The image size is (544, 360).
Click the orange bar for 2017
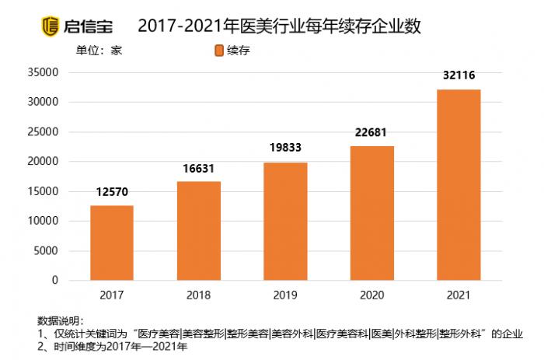click(112, 243)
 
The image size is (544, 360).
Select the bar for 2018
click(199, 231)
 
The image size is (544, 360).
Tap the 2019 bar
click(285, 222)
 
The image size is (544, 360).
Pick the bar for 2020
click(372, 213)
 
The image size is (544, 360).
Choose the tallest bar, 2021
click(459, 185)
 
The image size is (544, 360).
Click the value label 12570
click(112, 192)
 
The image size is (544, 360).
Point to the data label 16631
click(199, 168)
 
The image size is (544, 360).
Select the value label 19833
click(285, 149)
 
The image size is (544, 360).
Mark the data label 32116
click(459, 75)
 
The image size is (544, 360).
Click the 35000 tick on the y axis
click(44, 72)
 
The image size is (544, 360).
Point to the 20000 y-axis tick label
click(44, 162)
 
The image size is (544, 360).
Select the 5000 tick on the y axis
click(47, 250)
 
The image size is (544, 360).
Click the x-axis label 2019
click(285, 296)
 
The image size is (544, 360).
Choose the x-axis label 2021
click(459, 296)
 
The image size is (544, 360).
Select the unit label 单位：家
click(99, 51)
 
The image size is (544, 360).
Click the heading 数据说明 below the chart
click(60, 321)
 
